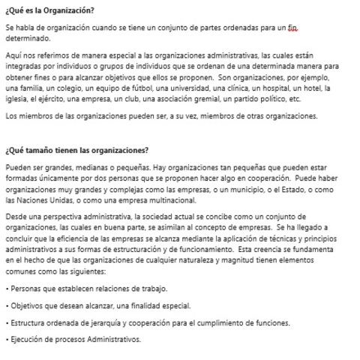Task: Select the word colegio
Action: (x=73, y=88)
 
